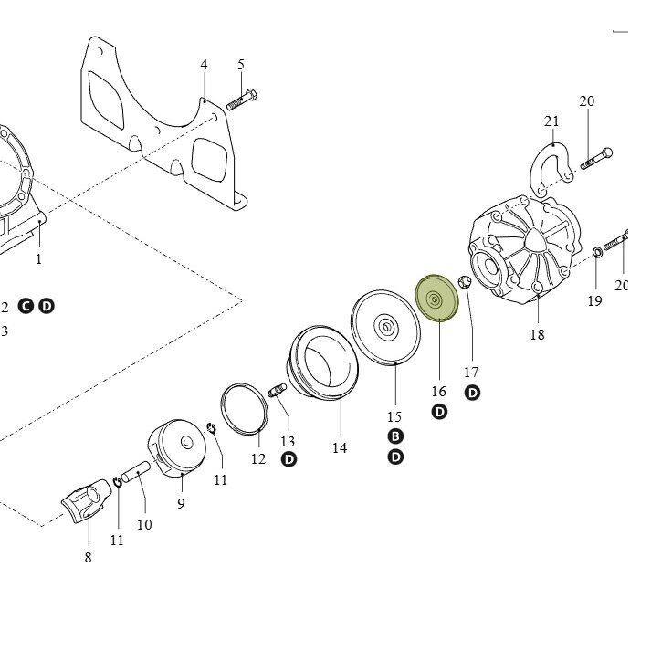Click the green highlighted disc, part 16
pyautogui.click(x=437, y=298)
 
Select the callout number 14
pyautogui.click(x=340, y=448)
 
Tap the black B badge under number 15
pyautogui.click(x=395, y=436)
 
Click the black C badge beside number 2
pyautogui.click(x=26, y=306)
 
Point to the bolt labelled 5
pyautogui.click(x=242, y=100)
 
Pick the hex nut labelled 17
pyautogui.click(x=465, y=282)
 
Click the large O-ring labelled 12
pyautogui.click(x=245, y=409)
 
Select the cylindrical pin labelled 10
pyautogui.click(x=135, y=471)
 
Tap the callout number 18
pyautogui.click(x=538, y=334)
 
